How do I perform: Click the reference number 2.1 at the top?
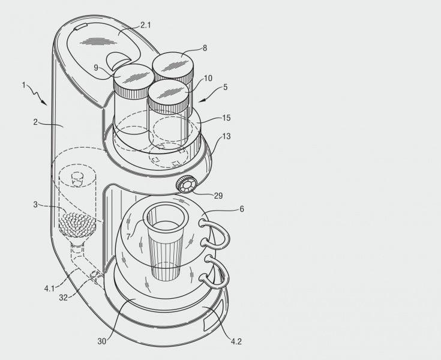click(x=146, y=25)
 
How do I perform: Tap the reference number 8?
click(x=205, y=48)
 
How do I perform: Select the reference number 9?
click(x=96, y=68)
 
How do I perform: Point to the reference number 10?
click(x=208, y=78)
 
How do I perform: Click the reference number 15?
click(x=226, y=118)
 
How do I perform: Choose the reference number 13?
click(x=226, y=136)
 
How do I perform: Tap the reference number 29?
click(x=218, y=196)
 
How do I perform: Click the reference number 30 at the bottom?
click(x=102, y=341)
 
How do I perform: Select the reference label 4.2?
click(x=236, y=341)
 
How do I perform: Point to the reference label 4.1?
click(x=49, y=289)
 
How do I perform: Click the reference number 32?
click(x=63, y=298)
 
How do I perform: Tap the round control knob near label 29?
click(x=186, y=184)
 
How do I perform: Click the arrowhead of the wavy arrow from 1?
click(x=44, y=103)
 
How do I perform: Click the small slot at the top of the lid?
click(x=80, y=27)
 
